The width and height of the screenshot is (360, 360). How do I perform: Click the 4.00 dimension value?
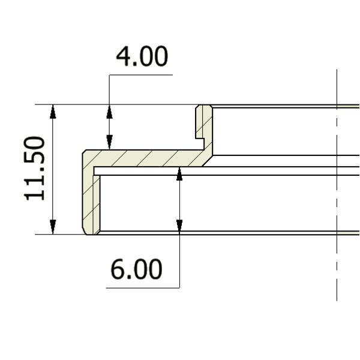142,57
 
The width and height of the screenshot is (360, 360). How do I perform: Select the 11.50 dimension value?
35,169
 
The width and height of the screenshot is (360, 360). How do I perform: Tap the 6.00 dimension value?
136,270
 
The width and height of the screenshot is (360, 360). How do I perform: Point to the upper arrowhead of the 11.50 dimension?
53,110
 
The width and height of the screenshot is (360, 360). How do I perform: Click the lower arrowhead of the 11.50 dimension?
53,227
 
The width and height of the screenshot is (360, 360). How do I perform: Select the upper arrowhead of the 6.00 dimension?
179,173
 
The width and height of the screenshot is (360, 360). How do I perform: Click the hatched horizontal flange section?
144,158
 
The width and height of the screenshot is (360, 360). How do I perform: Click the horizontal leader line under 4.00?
140,75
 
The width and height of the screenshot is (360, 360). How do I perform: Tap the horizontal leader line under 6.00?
143,288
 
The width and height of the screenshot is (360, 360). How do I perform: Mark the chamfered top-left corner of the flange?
85,152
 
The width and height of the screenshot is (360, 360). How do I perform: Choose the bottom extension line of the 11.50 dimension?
60,235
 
